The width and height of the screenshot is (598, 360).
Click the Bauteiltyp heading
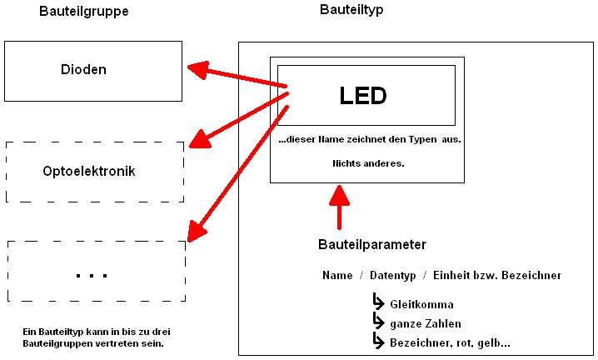click(351, 10)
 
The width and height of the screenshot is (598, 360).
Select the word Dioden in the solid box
click(84, 70)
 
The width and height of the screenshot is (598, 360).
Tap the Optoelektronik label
click(88, 172)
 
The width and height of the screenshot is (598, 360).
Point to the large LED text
click(363, 96)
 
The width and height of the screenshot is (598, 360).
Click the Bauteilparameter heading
click(372, 244)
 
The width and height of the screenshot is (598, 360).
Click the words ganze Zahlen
click(426, 323)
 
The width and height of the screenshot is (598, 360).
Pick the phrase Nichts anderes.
click(366, 163)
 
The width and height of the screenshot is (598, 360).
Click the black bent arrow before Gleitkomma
click(378, 302)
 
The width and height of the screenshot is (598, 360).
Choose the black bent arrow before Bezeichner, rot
click(378, 341)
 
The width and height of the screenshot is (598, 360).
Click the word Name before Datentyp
click(337, 275)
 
